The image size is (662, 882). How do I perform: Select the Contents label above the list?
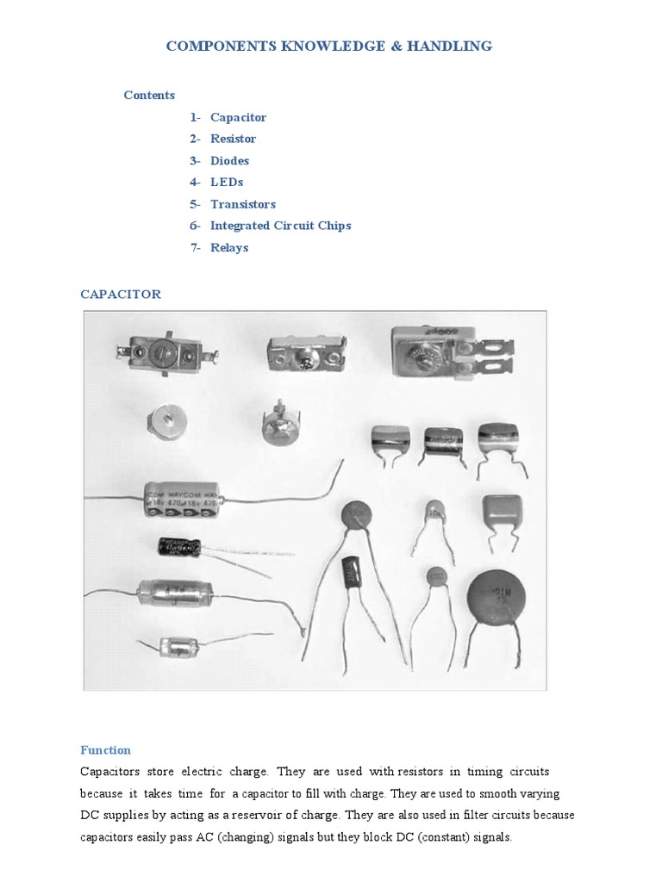pos(149,96)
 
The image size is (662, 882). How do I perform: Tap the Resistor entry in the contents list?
pos(233,139)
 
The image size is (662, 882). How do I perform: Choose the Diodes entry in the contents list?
pos(229,161)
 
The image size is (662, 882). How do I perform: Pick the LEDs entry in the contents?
pos(227,183)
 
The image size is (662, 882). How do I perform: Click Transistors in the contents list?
pos(243,204)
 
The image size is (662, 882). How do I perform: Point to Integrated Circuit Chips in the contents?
pos(280,226)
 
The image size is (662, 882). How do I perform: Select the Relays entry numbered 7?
pos(229,248)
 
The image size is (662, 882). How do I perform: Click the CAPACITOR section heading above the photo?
pos(121,295)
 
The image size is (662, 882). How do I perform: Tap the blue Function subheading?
pos(106,750)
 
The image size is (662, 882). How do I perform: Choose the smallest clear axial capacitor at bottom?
pos(179,646)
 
